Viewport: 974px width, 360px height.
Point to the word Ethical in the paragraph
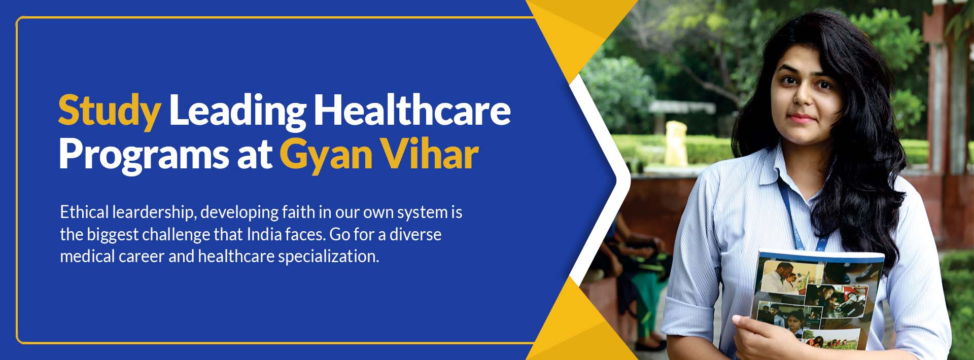pos(84,212)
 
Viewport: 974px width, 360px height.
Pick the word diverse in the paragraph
pos(415,234)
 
